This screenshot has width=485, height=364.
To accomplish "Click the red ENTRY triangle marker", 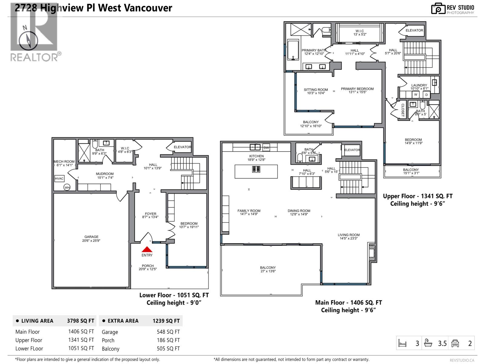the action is point(147,249).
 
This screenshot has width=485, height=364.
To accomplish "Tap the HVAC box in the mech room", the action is point(59,179).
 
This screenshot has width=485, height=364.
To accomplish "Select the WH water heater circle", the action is point(67,187).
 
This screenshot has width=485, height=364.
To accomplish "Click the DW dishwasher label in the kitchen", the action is point(266,148).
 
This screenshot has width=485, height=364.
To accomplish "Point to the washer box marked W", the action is point(416,95).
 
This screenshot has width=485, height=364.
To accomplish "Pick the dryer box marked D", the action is point(426,95).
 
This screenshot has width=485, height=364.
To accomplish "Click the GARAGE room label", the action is point(91,237).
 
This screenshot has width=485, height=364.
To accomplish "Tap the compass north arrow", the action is point(28,41).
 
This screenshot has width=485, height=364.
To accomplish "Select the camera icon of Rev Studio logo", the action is point(438,8).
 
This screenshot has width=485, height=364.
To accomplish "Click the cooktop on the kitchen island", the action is point(256,169).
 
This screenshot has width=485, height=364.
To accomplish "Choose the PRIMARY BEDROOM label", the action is point(357,89).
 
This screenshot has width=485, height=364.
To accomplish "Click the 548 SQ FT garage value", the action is point(168,332).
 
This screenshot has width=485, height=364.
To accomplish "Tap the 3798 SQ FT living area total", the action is point(81,321).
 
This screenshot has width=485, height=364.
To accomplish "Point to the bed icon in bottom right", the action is point(402,343).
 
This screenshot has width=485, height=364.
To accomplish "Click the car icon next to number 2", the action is point(455,343).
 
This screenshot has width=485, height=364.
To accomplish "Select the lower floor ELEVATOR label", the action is point(182,147).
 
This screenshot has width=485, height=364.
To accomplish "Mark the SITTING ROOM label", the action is point(316,90).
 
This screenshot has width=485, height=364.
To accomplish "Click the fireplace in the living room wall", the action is point(372,252).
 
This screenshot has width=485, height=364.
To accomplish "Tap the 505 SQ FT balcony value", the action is point(168,349).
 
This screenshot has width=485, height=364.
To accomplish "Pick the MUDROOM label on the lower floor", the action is point(105,174).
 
